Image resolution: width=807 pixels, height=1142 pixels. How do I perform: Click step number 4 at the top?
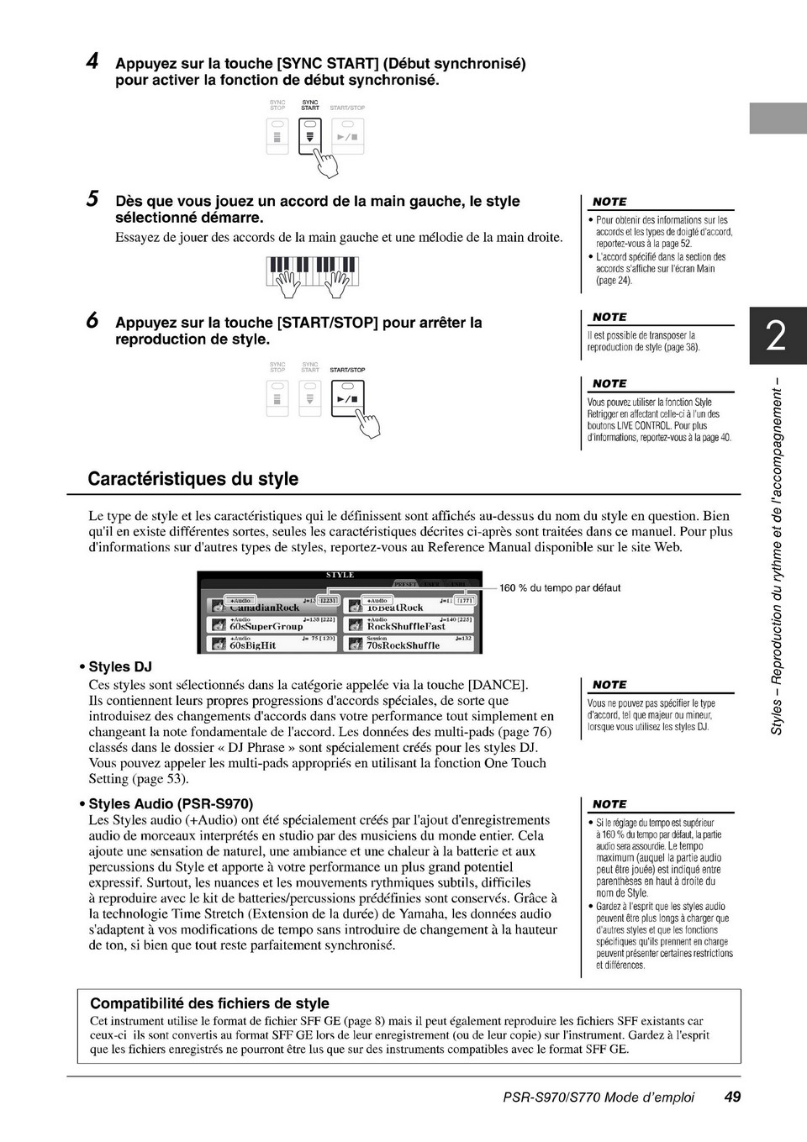point(93,61)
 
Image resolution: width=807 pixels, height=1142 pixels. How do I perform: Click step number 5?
point(93,199)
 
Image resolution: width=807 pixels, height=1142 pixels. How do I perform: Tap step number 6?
point(93,320)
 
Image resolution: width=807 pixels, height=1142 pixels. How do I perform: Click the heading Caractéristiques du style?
point(193,479)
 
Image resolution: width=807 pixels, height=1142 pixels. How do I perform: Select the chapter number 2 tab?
point(777,336)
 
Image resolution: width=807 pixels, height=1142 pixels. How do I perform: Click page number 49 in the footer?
point(732,1097)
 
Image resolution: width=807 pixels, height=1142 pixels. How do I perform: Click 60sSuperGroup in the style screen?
point(266,626)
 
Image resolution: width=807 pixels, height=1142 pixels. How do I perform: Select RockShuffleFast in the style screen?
point(406,626)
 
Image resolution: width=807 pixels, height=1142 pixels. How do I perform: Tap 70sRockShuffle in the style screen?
point(403,645)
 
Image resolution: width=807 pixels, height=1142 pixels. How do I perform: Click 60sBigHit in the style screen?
point(253,645)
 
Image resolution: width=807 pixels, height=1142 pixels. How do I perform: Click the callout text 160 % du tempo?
point(560,588)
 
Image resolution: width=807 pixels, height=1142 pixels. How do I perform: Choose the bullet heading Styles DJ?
point(120,667)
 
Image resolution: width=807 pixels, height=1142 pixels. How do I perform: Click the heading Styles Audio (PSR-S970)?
point(171,804)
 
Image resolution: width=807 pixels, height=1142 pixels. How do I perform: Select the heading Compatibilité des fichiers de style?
point(209,1003)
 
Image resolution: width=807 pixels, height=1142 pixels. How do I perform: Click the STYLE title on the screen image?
point(340,576)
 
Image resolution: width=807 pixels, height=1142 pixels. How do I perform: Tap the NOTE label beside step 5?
point(609,202)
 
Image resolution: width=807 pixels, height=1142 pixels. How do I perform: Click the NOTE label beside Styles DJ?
point(609,685)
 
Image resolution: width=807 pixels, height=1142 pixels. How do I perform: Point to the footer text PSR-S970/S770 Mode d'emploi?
point(599,1097)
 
